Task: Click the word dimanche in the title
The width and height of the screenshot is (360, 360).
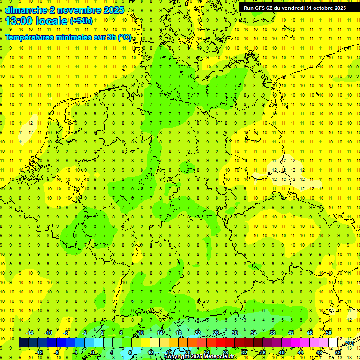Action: point(25,10)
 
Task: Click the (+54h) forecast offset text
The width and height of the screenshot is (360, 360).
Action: point(81,21)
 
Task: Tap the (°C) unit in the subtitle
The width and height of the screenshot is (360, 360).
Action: point(125,37)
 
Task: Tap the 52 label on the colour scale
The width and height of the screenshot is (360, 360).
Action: point(338,352)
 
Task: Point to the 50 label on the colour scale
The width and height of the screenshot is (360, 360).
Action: point(329,333)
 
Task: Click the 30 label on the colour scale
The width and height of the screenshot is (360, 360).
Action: point(235,333)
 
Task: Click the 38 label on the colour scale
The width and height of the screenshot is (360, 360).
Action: point(272,333)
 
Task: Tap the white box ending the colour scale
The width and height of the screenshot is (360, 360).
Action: point(333,343)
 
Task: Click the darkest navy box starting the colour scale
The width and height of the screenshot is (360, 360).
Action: point(23,343)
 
